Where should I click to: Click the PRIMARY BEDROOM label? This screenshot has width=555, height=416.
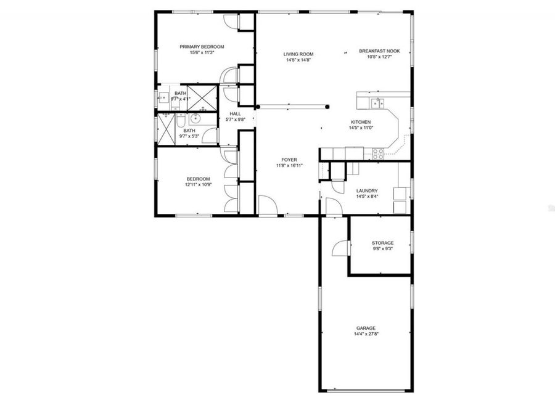pyautogui.click(x=202, y=47)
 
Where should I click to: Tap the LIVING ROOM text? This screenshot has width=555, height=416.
pyautogui.click(x=298, y=54)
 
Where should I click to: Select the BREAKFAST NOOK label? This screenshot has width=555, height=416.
pyautogui.click(x=380, y=51)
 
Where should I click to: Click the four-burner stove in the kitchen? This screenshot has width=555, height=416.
pyautogui.click(x=378, y=153)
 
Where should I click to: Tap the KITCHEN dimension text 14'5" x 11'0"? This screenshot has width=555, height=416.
pyautogui.click(x=361, y=128)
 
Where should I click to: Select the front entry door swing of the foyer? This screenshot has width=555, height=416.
pyautogui.click(x=267, y=205)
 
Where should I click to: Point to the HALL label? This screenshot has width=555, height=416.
pyautogui.click(x=235, y=113)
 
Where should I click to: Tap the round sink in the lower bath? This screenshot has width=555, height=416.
pyautogui.click(x=197, y=118)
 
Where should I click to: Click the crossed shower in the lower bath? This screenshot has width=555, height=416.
pyautogui.click(x=167, y=128)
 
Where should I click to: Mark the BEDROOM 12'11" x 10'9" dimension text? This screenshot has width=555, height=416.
pyautogui.click(x=199, y=184)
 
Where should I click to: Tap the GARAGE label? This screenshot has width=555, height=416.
pyautogui.click(x=366, y=328)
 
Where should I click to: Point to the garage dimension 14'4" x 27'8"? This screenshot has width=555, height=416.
pyautogui.click(x=366, y=334)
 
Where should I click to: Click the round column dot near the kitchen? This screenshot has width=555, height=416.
pyautogui.click(x=327, y=105)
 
